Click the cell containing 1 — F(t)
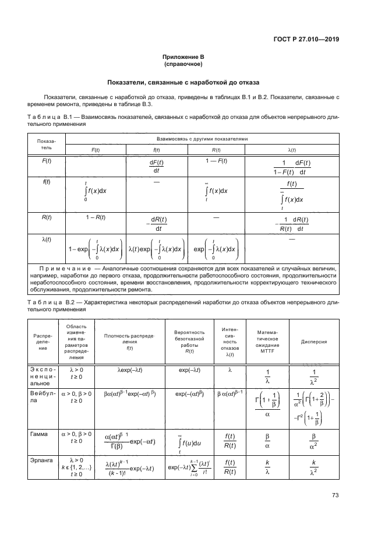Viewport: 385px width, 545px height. (x=217, y=161)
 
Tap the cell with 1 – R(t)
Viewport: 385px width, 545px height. (x=94, y=217)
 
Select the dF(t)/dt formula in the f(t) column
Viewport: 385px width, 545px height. (x=156, y=166)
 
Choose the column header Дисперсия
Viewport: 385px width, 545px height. (x=313, y=342)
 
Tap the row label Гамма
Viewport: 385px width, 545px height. (x=40, y=434)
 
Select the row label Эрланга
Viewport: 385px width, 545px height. (x=41, y=460)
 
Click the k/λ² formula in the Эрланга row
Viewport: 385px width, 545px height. (x=313, y=467)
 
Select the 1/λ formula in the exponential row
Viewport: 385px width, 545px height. (x=268, y=376)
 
